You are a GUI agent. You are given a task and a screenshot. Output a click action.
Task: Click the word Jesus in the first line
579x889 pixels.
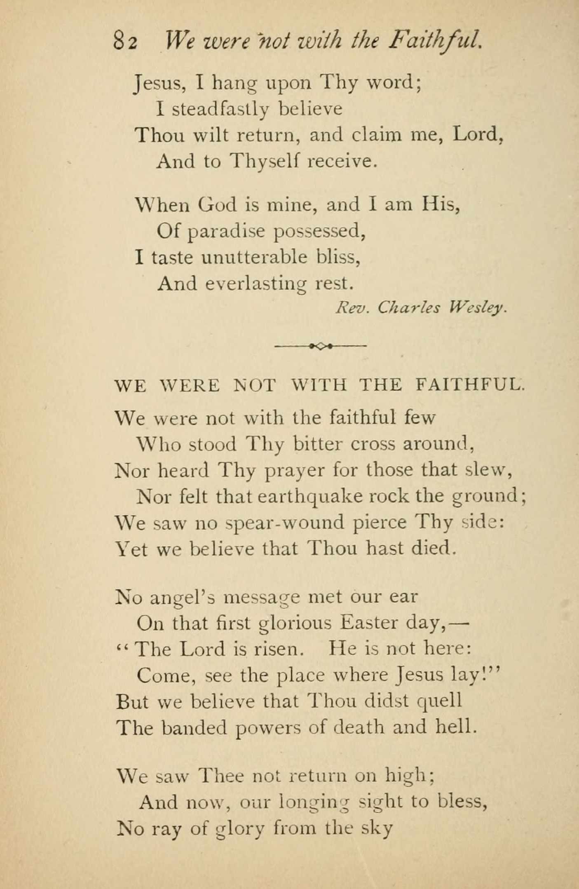click(x=158, y=83)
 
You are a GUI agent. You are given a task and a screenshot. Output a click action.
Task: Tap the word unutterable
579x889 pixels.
click(x=254, y=258)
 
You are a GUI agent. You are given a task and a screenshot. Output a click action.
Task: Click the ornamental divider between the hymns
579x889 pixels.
click(x=321, y=346)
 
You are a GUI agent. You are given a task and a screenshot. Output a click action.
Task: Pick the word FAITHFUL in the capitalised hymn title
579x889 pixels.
click(x=469, y=385)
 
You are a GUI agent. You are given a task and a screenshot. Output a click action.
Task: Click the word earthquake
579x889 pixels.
click(x=310, y=497)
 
